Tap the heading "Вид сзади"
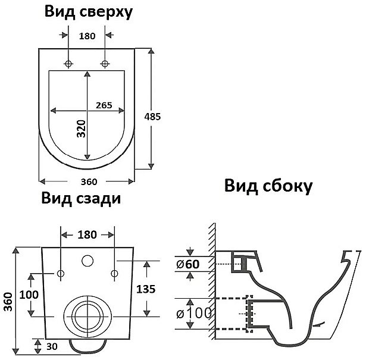point(81,198)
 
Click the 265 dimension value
point(104,105)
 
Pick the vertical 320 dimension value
point(81,128)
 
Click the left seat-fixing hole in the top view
point(69,63)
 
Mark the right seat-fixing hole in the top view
point(105,63)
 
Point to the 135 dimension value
point(146,289)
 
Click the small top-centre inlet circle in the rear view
point(87,260)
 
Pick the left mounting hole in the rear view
point(61,273)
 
